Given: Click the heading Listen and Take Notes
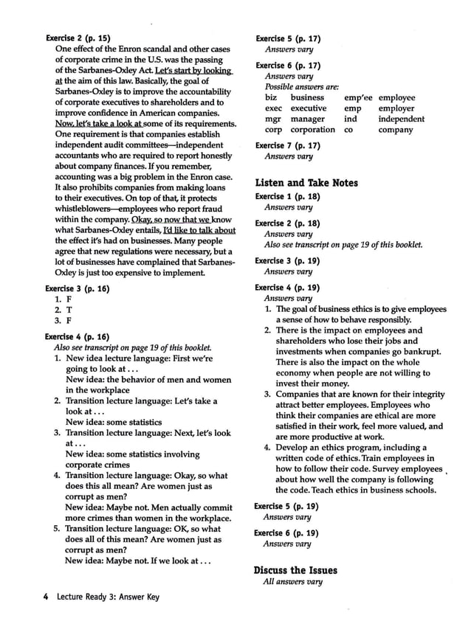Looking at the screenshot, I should [x=306, y=183].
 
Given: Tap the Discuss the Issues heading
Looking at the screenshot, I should [x=295, y=570].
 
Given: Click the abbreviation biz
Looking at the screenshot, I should [x=271, y=97].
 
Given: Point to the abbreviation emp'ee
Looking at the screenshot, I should [x=358, y=97].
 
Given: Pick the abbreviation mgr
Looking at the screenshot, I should [x=273, y=119].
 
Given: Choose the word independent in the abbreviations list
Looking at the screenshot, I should [x=401, y=119].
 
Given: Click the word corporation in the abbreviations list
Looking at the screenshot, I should [x=312, y=130].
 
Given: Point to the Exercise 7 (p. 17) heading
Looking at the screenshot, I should [x=287, y=145].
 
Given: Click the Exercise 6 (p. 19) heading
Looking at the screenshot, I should [x=287, y=532].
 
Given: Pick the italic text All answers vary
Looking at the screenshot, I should [x=292, y=581].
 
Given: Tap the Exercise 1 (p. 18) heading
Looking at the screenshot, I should [x=287, y=197].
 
